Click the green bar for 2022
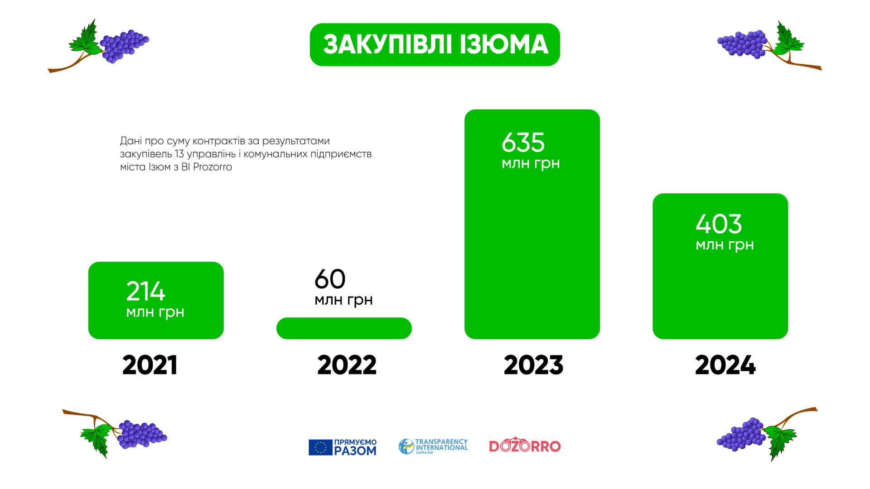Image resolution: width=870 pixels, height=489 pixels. pos(344,328)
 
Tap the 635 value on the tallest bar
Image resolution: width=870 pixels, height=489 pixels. pos(523,143)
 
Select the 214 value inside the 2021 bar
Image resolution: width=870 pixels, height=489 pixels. pos(145,291)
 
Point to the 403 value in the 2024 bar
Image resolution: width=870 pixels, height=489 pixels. pos(719,224)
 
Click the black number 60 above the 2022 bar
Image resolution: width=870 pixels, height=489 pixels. pos(330,279)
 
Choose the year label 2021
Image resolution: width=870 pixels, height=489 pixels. pos(150,365)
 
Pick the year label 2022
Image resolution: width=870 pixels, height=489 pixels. pos(347,365)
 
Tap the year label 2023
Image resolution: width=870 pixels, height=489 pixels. pos(533,365)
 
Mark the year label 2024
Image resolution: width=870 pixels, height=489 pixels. pos(725,365)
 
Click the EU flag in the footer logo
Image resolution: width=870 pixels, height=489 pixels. pos(320,447)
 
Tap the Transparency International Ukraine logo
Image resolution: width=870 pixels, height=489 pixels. pos(433,446)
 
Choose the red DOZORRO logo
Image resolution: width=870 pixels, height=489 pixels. pos(525,446)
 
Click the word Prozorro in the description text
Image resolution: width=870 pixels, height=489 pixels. pos(213,167)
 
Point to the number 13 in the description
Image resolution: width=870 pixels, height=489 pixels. pos(179,154)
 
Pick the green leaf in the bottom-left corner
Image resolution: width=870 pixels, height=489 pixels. pos(97,438)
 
